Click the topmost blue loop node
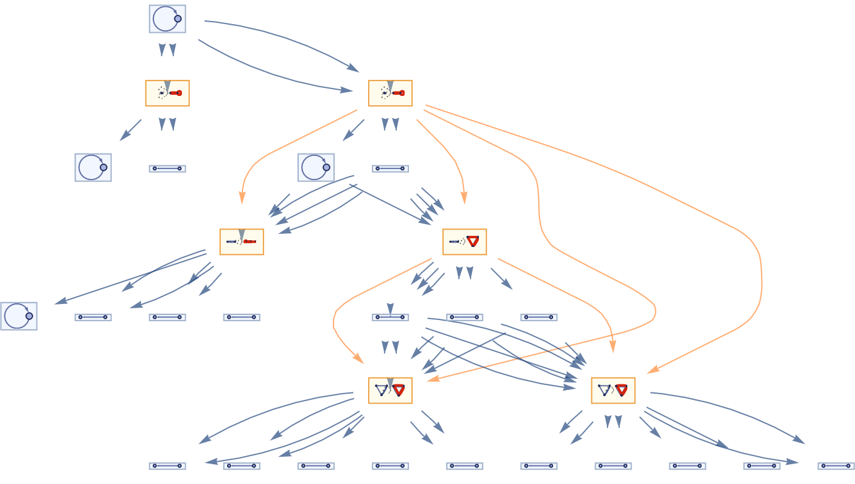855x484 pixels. (167, 19)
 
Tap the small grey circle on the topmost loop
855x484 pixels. (178, 19)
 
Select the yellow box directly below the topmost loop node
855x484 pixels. (167, 93)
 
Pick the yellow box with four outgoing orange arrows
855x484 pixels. (390, 93)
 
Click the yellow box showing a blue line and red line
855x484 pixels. (241, 242)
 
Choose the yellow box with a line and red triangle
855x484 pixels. (465, 242)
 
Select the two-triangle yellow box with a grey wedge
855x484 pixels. (390, 391)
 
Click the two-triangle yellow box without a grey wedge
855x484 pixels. (613, 391)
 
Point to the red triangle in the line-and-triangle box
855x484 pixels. (473, 241)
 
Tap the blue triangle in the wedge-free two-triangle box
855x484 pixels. (604, 391)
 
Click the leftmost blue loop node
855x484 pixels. (19, 316)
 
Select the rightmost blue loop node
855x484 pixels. (316, 168)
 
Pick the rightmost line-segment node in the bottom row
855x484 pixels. (836, 466)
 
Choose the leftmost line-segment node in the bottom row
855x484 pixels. (167, 466)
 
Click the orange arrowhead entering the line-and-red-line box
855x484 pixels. (242, 199)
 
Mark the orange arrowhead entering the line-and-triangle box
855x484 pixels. (464, 199)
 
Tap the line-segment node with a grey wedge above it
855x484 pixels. (390, 317)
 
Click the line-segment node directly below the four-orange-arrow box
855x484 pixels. (390, 168)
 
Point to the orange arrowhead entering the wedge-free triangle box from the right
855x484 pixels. (652, 371)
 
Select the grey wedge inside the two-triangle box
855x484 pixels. (390, 383)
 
